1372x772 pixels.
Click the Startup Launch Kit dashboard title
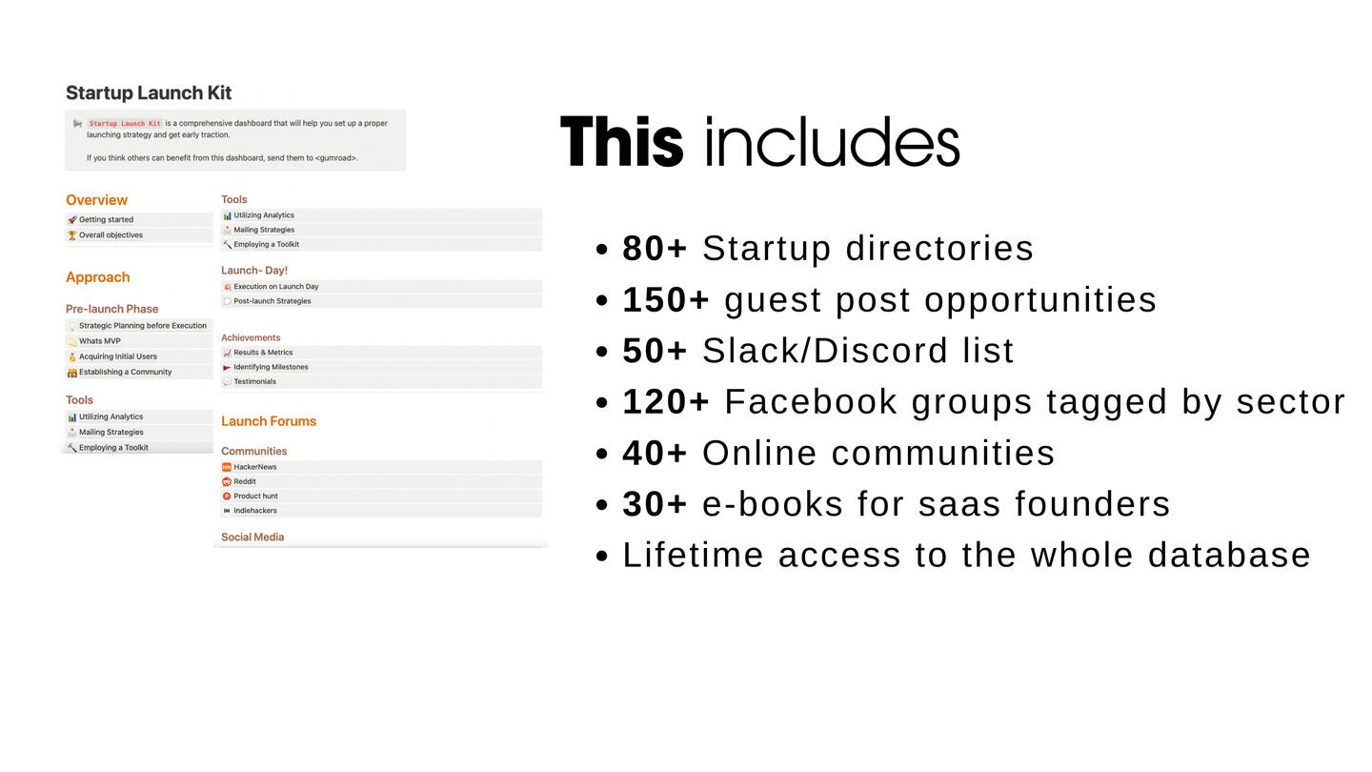click(149, 92)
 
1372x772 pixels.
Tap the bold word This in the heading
click(621, 141)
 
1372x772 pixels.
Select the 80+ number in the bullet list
click(655, 248)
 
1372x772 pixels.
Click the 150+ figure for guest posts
click(666, 299)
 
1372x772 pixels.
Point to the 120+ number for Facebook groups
click(666, 402)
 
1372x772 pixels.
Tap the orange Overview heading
click(97, 200)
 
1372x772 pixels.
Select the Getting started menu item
click(106, 219)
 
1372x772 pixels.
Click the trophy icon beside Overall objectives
click(72, 235)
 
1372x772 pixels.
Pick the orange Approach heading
click(98, 277)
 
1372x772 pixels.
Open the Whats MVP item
click(100, 341)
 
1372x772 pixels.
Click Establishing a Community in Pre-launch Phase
click(126, 372)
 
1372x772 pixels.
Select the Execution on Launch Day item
click(276, 286)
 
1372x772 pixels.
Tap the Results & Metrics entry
click(263, 353)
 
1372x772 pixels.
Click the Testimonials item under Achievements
click(254, 381)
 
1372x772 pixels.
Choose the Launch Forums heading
click(269, 421)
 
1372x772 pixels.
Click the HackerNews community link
click(254, 467)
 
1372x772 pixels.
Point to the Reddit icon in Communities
click(227, 481)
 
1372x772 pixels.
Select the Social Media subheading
click(252, 537)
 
